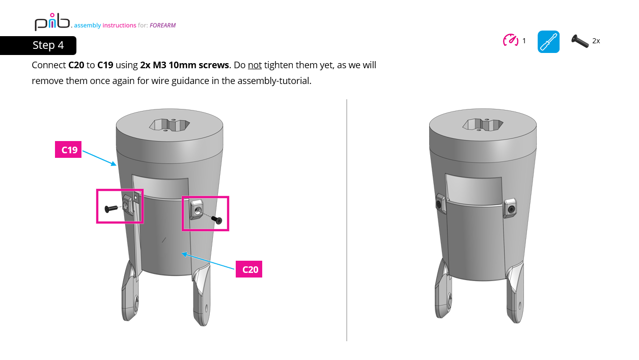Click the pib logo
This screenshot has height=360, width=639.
[x=52, y=22]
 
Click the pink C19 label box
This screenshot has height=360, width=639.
[x=68, y=150]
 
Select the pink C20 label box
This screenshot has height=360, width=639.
[x=249, y=269]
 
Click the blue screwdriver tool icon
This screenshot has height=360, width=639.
[x=548, y=42]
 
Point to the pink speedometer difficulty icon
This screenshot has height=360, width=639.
[x=511, y=40]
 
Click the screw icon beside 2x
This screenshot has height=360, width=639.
[x=580, y=41]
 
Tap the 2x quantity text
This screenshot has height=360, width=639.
[x=596, y=41]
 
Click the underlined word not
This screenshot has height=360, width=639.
[x=255, y=65]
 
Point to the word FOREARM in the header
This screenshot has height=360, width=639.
[x=162, y=25]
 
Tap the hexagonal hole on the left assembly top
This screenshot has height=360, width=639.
[x=170, y=125]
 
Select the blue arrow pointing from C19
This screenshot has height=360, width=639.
[x=99, y=157]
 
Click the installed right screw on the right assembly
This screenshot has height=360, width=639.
[x=511, y=208]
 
